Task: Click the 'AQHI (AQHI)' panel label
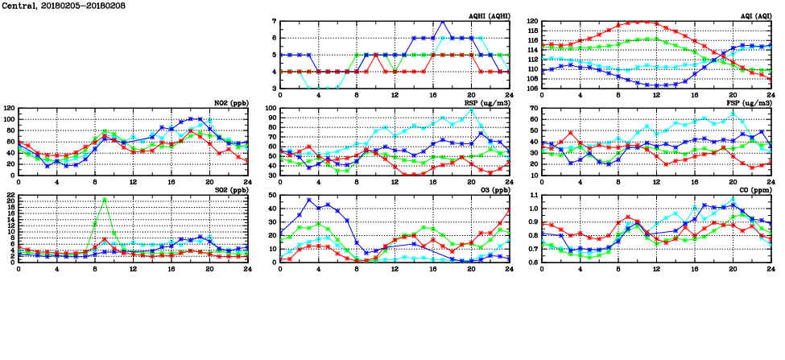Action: tap(489, 16)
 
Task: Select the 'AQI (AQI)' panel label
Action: tap(754, 16)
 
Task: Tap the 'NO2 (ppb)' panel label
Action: tap(229, 103)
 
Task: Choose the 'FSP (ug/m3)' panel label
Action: tap(750, 103)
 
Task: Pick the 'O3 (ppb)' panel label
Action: tap(493, 190)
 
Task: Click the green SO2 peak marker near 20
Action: tap(105, 200)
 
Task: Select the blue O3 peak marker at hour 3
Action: tap(309, 200)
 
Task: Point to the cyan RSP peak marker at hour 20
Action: tap(471, 110)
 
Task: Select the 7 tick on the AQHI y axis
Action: tap(274, 21)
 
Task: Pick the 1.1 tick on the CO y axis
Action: tap(532, 196)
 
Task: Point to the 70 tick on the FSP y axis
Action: tap(535, 108)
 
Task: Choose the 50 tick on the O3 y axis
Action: tap(272, 196)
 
